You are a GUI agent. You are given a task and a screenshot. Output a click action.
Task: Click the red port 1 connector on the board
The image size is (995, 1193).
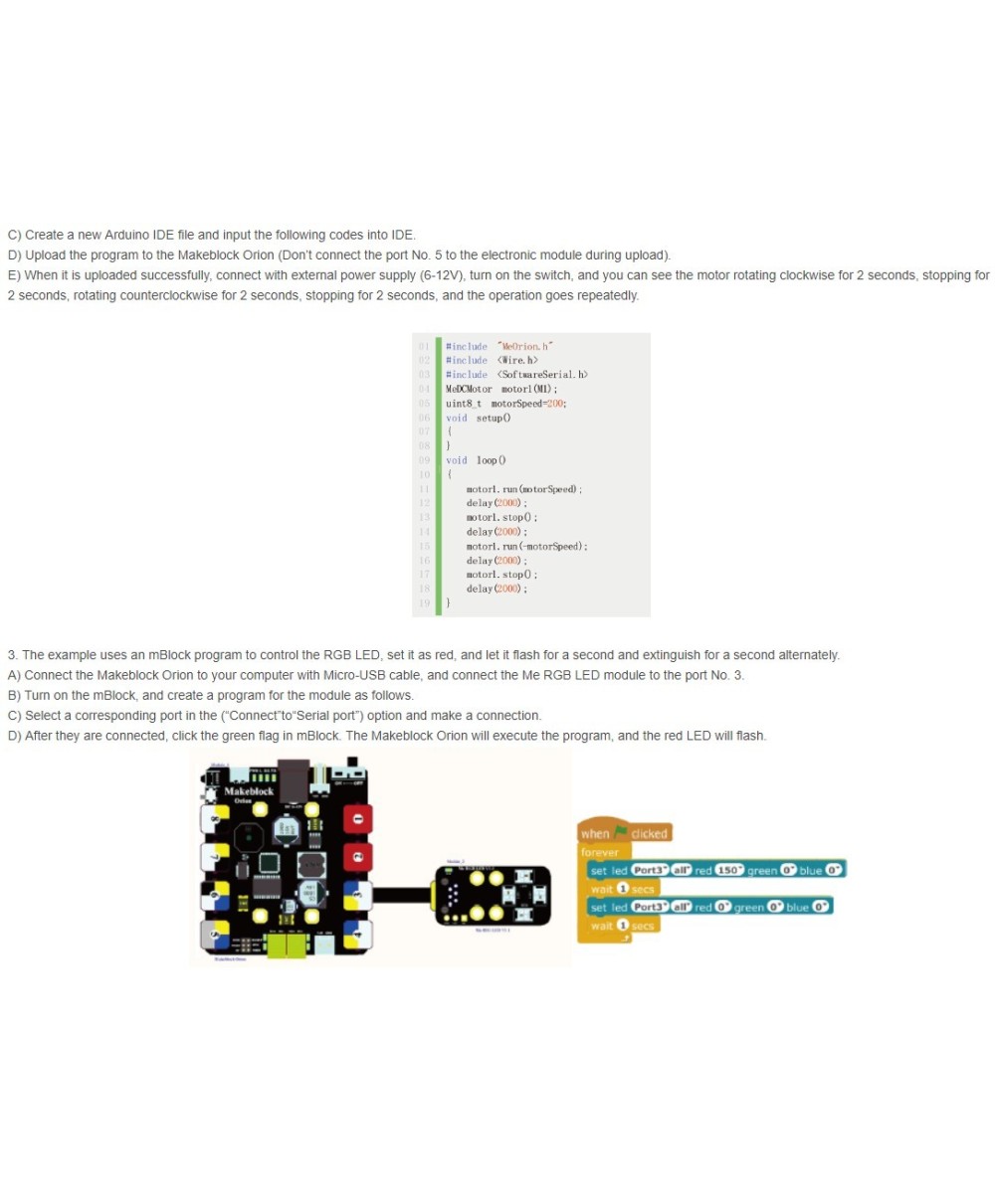(359, 818)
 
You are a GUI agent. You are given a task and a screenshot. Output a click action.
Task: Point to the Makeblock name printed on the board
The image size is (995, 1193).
(250, 791)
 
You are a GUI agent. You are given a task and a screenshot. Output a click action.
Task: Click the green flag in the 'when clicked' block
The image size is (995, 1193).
(621, 833)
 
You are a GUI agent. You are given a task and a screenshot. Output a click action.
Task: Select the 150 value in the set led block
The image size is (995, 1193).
(730, 870)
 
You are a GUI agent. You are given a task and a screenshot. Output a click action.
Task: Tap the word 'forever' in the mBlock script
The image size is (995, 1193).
(600, 852)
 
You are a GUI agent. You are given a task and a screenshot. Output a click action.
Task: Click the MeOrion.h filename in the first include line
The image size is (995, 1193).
(525, 346)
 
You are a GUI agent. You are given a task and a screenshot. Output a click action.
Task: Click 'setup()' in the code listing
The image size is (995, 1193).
(494, 418)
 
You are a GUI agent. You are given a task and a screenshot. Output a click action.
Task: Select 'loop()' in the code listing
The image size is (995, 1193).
(492, 460)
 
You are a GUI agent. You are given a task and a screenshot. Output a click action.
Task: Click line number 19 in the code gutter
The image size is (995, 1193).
(424, 602)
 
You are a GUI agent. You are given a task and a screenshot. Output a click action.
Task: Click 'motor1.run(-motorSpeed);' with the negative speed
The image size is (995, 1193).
(527, 546)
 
